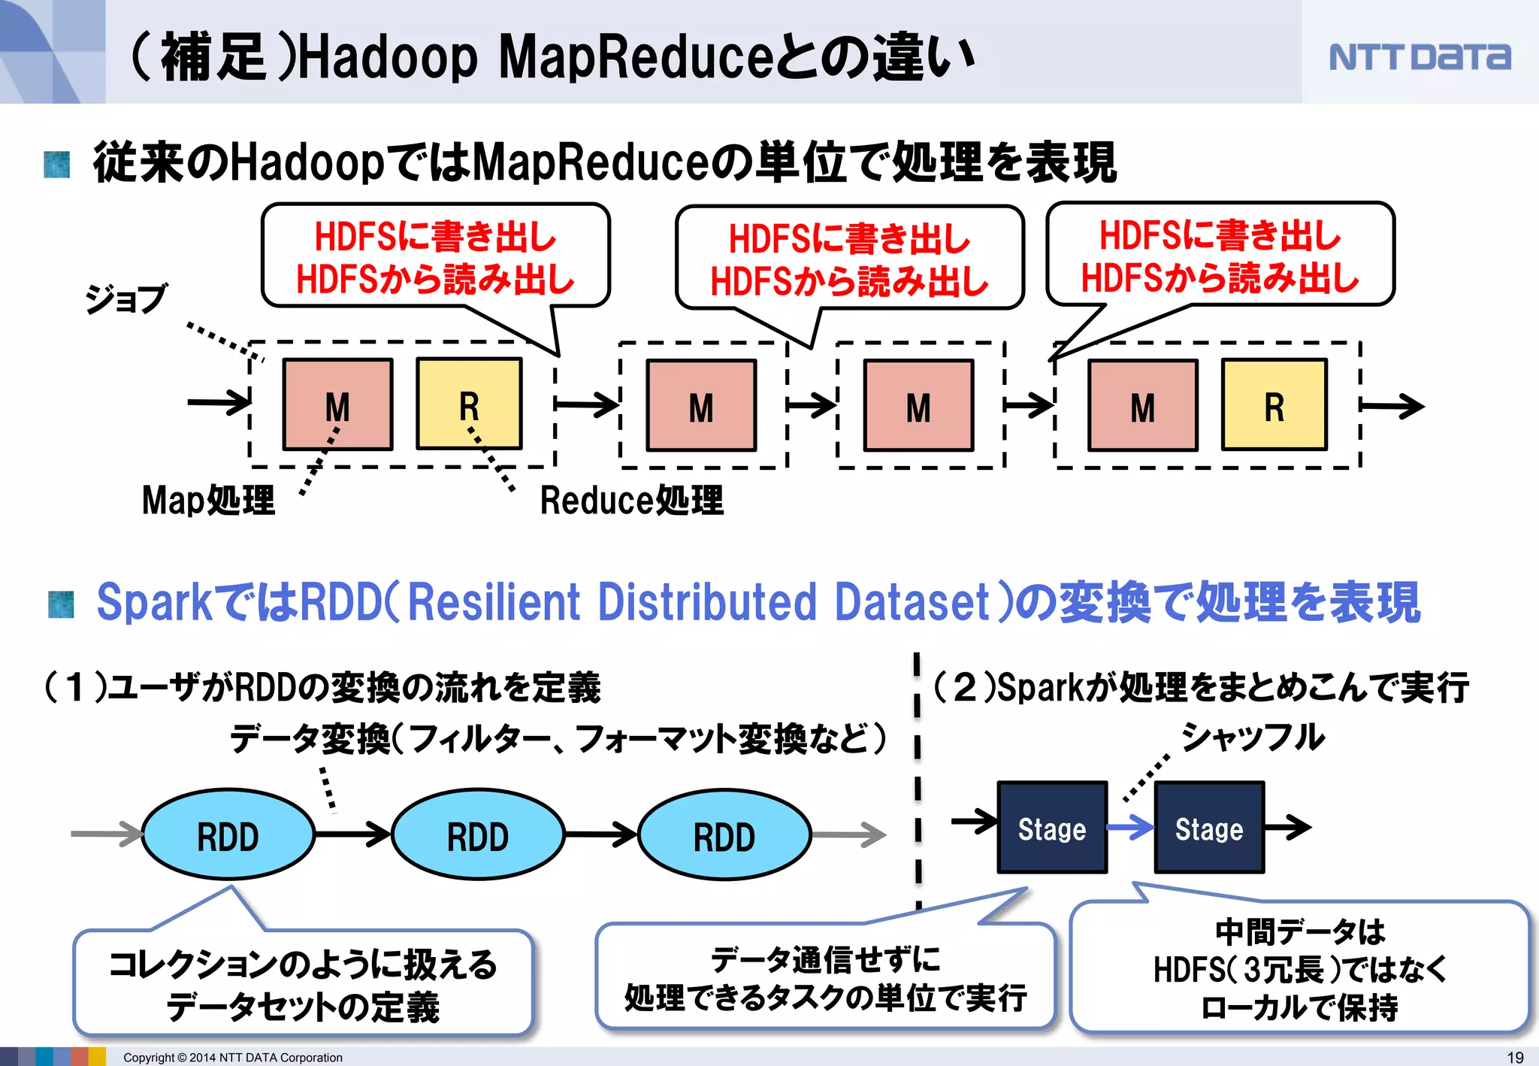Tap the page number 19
[x=1515, y=1057]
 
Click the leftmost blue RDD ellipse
[x=228, y=835]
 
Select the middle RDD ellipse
[x=478, y=835]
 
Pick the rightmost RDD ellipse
[x=724, y=835]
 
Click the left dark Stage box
[x=1052, y=828]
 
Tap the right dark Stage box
[x=1209, y=828]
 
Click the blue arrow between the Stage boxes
[x=1130, y=828]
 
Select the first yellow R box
[x=469, y=404]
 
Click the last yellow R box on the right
[x=1274, y=405]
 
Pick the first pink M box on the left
[x=337, y=405]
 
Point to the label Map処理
[x=208, y=500]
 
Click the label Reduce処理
[x=631, y=500]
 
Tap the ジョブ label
[x=125, y=298]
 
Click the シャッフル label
[x=1253, y=737]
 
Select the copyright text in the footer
[x=232, y=1057]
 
